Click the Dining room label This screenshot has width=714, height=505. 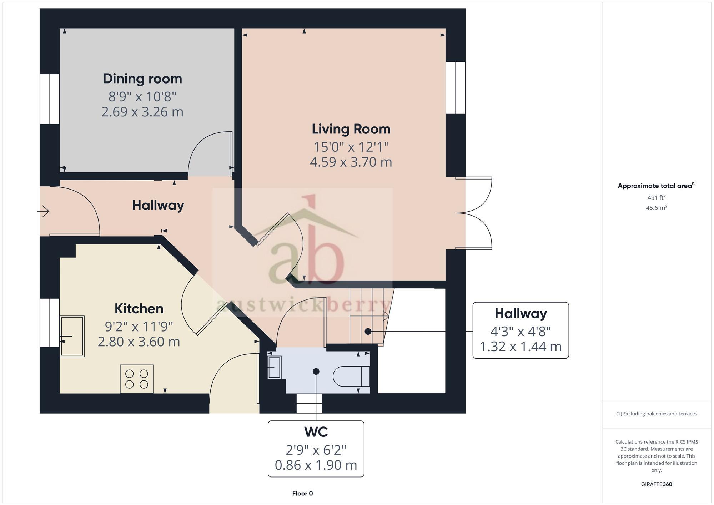click(142, 79)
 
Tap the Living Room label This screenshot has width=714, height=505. click(351, 129)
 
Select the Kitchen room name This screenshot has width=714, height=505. click(139, 309)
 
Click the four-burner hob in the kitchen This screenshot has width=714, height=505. click(137, 379)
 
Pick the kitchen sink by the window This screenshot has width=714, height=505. click(72, 336)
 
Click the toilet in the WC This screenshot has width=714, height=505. click(351, 376)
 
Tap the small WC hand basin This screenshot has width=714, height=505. click(274, 368)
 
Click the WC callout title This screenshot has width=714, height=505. click(316, 432)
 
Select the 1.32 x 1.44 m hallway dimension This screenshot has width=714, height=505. click(521, 347)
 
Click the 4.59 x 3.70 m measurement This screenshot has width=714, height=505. click(351, 162)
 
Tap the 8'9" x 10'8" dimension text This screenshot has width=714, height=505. click(142, 96)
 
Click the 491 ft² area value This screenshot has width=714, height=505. click(656, 197)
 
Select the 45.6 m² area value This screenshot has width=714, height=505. click(656, 208)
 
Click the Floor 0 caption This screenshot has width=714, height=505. click(302, 494)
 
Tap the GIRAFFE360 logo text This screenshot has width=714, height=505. click(656, 484)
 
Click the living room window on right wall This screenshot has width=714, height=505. click(456, 88)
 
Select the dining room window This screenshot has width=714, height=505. click(50, 99)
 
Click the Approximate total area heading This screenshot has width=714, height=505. click(656, 186)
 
